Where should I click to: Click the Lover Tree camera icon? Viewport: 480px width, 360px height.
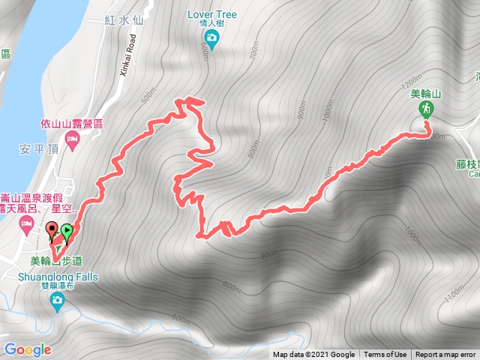pyautogui.click(x=211, y=38)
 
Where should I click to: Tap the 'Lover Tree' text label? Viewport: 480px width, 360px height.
pyautogui.click(x=211, y=13)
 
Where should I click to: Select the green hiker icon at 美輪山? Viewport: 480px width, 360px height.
pyautogui.click(x=425, y=109)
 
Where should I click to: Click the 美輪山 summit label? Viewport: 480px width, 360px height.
pyautogui.click(x=426, y=94)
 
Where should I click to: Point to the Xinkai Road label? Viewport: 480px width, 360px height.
pyautogui.click(x=127, y=56)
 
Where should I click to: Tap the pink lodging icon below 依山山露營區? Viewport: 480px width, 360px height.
pyautogui.click(x=71, y=139)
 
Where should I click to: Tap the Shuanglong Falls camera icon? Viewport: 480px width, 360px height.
pyautogui.click(x=57, y=301)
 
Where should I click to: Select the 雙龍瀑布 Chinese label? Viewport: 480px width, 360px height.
pyautogui.click(x=57, y=285)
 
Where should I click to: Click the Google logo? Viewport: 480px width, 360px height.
pyautogui.click(x=27, y=349)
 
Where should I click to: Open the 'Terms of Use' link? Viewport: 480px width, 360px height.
pyautogui.click(x=385, y=355)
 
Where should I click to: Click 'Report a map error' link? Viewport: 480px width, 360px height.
pyautogui.click(x=445, y=355)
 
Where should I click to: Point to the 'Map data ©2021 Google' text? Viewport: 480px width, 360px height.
pyautogui.click(x=313, y=355)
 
